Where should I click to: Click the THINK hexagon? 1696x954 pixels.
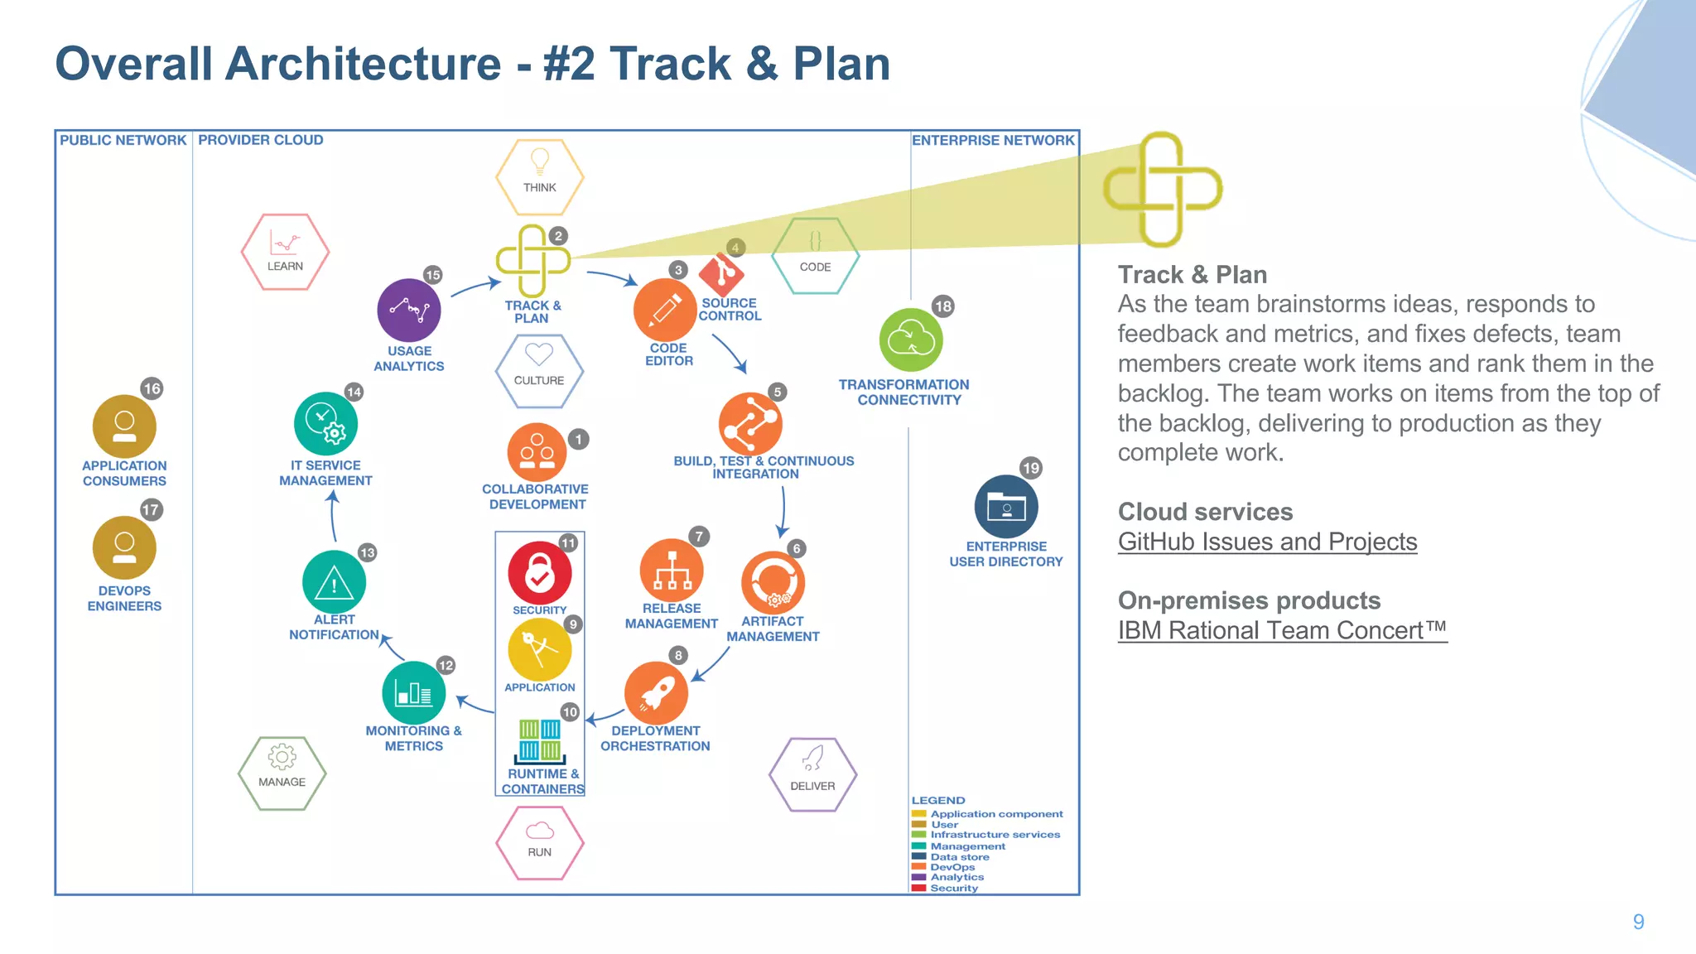tap(539, 176)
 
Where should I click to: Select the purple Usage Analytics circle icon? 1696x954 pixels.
tap(408, 311)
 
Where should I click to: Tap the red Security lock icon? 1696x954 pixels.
tap(539, 572)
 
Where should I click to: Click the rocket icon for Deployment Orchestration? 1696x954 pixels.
tap(656, 692)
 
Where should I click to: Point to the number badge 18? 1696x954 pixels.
tap(942, 306)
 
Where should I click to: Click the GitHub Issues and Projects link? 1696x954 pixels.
tap(1267, 542)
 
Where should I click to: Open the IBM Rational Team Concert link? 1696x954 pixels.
tap(1281, 630)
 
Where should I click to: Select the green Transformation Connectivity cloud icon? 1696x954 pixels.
tap(910, 340)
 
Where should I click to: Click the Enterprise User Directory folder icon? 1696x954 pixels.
tap(1006, 507)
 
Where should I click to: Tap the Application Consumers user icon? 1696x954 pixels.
tap(124, 426)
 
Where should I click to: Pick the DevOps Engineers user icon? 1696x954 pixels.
tap(124, 548)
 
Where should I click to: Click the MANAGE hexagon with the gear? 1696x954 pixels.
tap(282, 773)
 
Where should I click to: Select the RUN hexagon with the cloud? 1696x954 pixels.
tap(539, 842)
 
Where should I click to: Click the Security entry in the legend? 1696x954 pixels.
tap(953, 888)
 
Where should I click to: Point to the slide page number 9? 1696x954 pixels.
tap(1638, 922)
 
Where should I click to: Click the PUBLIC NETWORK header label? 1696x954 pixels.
tap(123, 140)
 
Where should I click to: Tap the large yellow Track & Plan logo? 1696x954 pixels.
tap(1162, 190)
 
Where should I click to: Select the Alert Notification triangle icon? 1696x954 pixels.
tap(334, 582)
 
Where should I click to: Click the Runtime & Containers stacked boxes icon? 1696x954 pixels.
tap(540, 740)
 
